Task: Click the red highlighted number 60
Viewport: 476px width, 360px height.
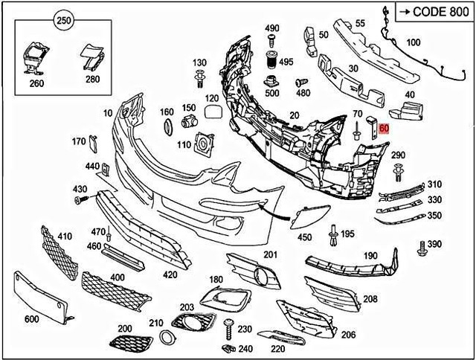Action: point(384,128)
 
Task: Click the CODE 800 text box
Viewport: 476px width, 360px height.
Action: point(434,11)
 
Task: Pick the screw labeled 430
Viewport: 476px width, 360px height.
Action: point(79,201)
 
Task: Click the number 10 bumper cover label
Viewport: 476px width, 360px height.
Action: point(108,113)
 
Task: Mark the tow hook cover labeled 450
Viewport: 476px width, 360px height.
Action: point(306,217)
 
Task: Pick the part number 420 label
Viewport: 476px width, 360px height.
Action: point(170,274)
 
